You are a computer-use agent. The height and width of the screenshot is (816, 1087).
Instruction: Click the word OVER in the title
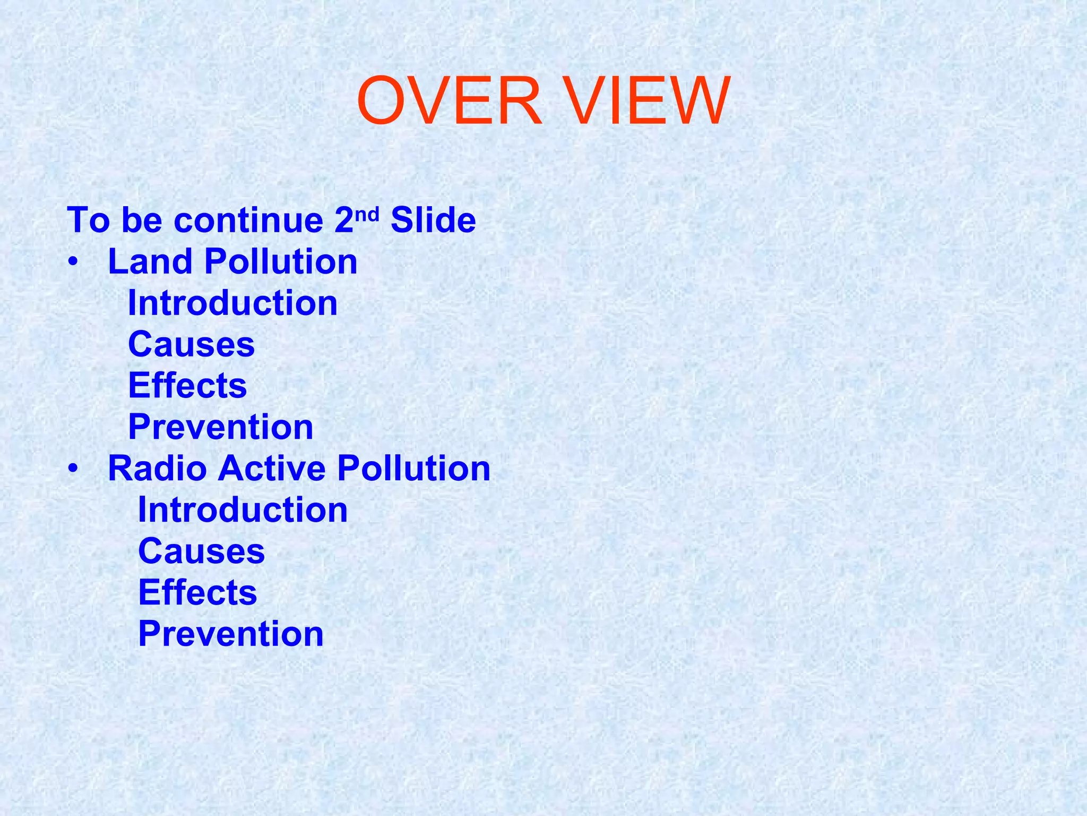[x=449, y=101]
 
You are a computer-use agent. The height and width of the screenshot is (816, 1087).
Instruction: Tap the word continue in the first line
[x=248, y=220]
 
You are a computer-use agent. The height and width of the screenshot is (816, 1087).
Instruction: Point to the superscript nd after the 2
[x=367, y=214]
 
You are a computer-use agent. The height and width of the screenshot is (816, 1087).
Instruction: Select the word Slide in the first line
[x=433, y=220]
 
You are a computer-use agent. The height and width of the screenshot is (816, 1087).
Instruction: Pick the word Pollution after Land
[x=281, y=262]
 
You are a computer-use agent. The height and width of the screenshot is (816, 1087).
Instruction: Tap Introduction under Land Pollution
[x=232, y=303]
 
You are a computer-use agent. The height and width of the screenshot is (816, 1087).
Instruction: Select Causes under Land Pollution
[x=192, y=345]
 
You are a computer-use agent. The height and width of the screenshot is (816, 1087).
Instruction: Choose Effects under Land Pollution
[x=187, y=386]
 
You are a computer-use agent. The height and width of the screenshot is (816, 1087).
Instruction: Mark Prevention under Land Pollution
[x=221, y=427]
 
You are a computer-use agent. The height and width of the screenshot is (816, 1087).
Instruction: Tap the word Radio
[x=157, y=469]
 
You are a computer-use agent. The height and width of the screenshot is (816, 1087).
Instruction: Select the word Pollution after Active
[x=413, y=469]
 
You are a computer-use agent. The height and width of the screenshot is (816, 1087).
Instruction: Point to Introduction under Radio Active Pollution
[x=243, y=511]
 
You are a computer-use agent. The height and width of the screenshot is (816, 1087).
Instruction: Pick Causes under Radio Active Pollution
[x=201, y=551]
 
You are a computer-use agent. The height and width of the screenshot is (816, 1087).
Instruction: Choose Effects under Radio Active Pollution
[x=197, y=593]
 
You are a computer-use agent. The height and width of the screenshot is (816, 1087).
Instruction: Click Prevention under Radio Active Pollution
[x=231, y=634]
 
